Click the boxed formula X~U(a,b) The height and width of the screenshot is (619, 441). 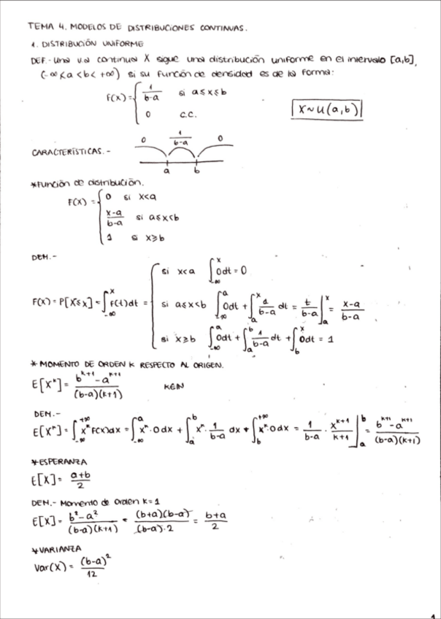(x=328, y=109)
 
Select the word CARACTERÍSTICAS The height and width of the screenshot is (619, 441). (x=66, y=153)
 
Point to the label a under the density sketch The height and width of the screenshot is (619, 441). (x=166, y=174)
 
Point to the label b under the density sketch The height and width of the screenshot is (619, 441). (x=196, y=174)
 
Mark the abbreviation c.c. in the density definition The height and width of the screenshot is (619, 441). (x=185, y=115)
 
